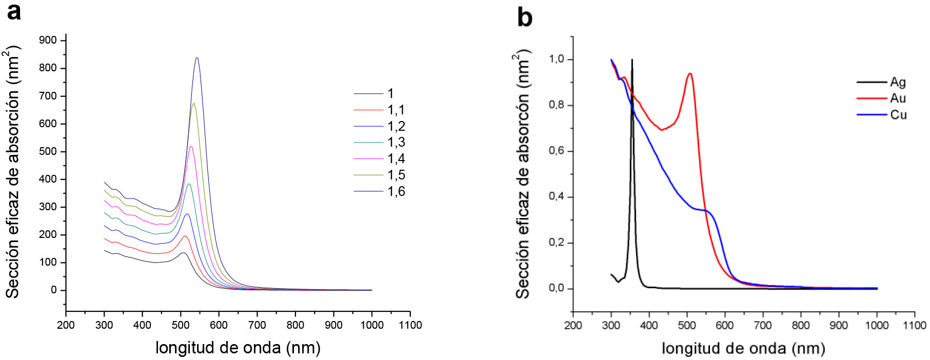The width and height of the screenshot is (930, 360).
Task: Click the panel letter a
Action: point(14,11)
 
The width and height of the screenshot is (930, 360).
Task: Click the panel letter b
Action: point(524,17)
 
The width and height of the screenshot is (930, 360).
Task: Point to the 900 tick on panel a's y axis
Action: point(48,41)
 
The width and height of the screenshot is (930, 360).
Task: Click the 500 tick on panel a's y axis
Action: point(48,151)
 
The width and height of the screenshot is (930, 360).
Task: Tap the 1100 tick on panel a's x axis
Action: point(410,325)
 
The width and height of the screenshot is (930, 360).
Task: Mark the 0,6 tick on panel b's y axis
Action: point(556,151)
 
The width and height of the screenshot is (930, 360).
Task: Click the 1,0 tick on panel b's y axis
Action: point(556,59)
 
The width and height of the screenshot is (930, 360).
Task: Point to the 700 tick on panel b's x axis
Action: point(763,325)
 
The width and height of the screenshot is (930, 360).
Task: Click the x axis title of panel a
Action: point(238,348)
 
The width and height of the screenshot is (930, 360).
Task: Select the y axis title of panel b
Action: point(522,174)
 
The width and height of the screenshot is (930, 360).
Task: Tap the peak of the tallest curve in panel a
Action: point(196,58)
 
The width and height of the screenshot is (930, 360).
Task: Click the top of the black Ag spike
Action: point(632,60)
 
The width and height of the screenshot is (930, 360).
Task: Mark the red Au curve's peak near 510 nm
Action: point(690,73)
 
